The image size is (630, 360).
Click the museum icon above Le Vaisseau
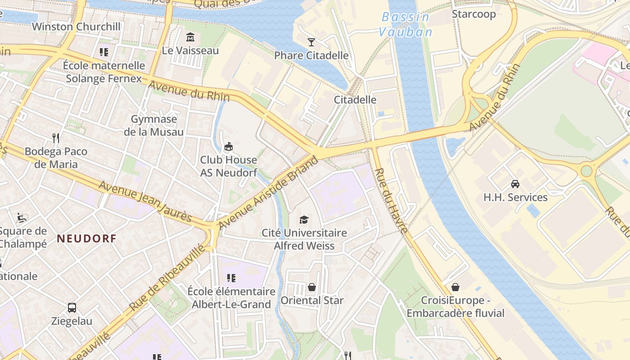click(190, 37)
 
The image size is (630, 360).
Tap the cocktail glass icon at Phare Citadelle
click(311, 42)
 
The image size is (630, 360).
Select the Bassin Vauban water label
click(405, 24)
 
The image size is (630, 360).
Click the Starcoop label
click(473, 14)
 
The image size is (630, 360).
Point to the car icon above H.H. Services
click(515, 184)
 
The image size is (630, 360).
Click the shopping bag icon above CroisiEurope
click(455, 287)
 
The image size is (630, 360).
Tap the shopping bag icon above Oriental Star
click(311, 287)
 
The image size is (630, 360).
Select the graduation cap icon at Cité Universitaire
click(304, 220)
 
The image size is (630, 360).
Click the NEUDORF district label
click(86, 238)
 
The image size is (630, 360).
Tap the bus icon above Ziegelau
click(72, 308)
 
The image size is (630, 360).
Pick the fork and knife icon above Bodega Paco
click(56, 137)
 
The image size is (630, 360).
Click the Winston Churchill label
click(76, 27)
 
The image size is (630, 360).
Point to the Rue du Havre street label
click(391, 200)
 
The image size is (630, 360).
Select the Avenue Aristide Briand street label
click(269, 192)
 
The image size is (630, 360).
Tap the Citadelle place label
click(355, 99)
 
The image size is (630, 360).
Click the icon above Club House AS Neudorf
click(229, 146)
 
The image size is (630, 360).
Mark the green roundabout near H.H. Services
click(586, 171)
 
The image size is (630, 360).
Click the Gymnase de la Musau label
click(154, 126)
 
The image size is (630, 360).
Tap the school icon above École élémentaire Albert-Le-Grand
click(231, 278)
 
